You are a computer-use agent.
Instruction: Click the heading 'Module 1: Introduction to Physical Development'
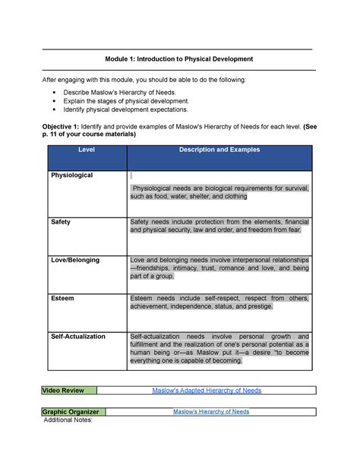click(179, 59)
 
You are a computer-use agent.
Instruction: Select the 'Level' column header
click(86, 150)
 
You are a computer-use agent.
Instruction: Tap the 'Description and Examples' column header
click(219, 150)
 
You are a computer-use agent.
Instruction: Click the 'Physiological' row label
click(71, 176)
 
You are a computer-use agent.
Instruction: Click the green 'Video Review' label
click(68, 390)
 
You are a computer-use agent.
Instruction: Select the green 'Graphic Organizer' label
click(73, 412)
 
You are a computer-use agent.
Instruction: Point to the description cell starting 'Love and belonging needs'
click(219, 268)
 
